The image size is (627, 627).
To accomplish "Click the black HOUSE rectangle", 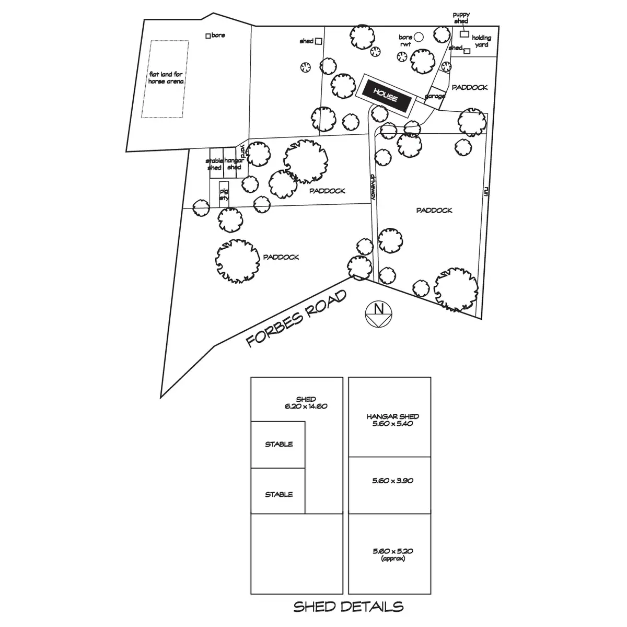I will click(x=386, y=95).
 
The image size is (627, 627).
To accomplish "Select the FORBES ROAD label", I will click(x=296, y=319).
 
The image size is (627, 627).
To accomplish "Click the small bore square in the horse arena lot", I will click(x=208, y=36).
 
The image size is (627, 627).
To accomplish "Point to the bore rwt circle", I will click(x=418, y=37).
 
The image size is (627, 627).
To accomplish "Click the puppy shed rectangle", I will click(x=464, y=34).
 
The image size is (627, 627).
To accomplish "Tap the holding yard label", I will click(x=481, y=41).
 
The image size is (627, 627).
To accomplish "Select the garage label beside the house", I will click(x=435, y=96).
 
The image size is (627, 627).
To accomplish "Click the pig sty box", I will click(x=224, y=194).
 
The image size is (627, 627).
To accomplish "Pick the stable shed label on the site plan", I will click(x=214, y=164).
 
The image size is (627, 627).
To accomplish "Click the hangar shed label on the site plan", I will click(x=233, y=164).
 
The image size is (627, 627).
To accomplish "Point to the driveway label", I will click(x=374, y=189).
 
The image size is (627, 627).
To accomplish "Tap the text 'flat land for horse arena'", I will click(x=166, y=78).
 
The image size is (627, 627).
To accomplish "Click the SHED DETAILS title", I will click(x=348, y=607).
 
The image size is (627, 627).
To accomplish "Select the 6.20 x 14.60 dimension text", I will click(x=306, y=406).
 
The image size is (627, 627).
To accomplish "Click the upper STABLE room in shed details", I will click(x=278, y=445).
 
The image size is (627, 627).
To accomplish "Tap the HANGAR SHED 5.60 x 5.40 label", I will click(x=392, y=420).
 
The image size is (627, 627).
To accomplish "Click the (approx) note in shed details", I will click(x=392, y=559).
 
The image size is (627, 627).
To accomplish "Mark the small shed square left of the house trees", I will click(x=318, y=41).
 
